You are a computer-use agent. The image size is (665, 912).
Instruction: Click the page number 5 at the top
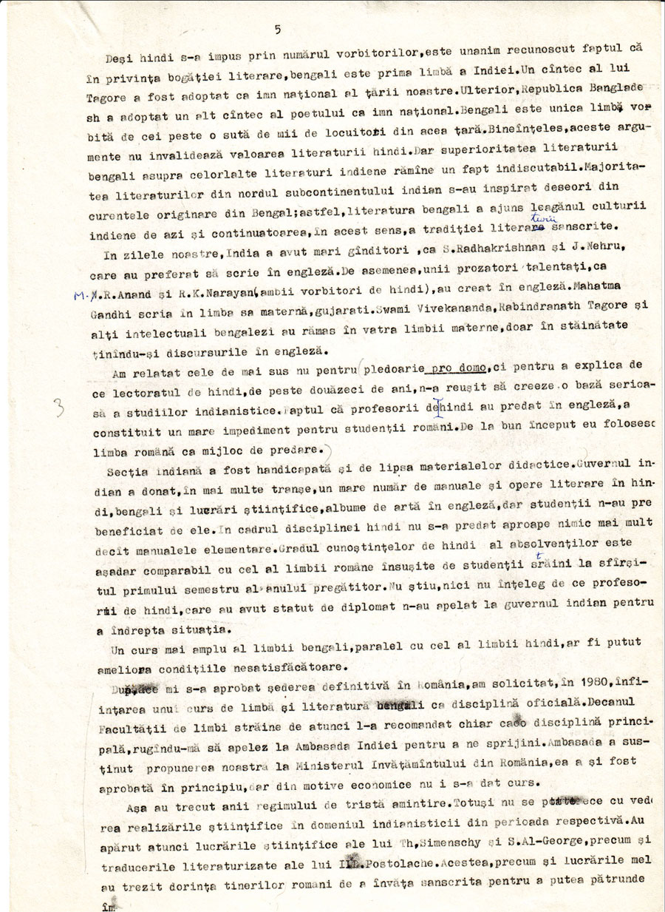pyautogui.click(x=277, y=30)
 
